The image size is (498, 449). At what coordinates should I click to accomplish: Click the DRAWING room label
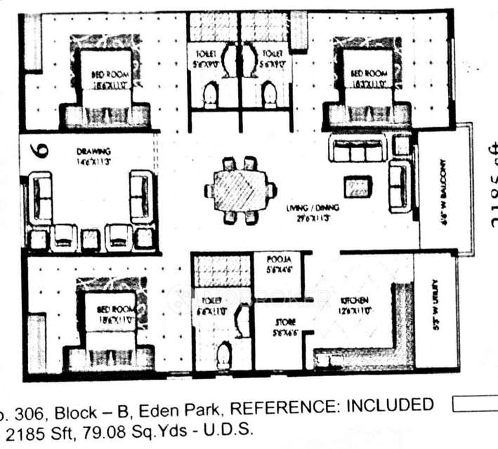[x=94, y=151]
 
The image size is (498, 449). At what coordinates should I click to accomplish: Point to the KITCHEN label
[x=355, y=300]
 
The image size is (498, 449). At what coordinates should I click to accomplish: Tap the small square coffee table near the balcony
[x=358, y=187]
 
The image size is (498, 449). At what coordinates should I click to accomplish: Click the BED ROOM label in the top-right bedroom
[x=369, y=73]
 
